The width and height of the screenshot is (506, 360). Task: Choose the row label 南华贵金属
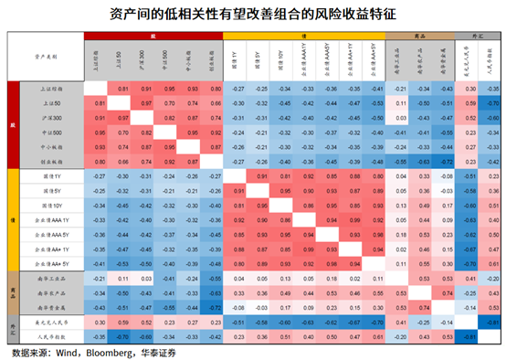(50, 308)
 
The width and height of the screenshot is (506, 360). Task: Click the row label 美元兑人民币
(50, 323)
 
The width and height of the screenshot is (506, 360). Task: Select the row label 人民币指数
(50, 337)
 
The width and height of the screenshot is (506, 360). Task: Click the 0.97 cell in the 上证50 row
(144, 103)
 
